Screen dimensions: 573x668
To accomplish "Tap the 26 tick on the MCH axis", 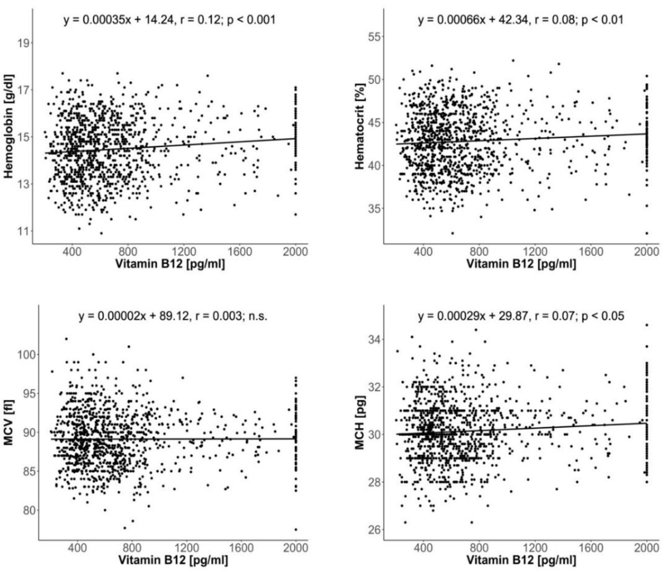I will point(374,530).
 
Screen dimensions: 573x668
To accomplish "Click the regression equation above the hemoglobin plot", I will point(170,20).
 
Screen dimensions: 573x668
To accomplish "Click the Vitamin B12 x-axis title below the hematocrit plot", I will point(521,264).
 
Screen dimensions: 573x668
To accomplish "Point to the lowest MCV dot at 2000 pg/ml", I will point(296,530).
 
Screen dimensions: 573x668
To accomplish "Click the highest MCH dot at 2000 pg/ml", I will point(646,325).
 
